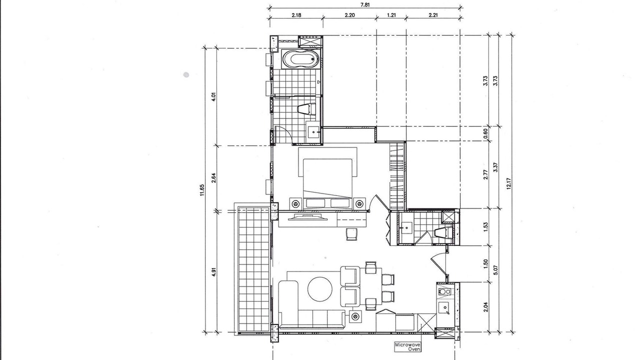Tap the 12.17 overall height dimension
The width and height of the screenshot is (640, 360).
(508, 183)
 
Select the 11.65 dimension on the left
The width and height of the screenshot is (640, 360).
(202, 190)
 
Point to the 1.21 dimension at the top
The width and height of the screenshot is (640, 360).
(391, 15)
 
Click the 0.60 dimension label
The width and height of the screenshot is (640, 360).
(485, 133)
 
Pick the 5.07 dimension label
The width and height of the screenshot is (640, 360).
(495, 270)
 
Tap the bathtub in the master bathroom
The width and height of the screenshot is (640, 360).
(300, 59)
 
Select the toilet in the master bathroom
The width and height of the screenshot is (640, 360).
(306, 109)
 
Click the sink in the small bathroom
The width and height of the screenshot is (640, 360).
(405, 227)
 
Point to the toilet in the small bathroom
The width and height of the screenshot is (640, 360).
(443, 232)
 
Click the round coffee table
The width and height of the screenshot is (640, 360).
(320, 289)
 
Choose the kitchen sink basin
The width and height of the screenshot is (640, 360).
(444, 307)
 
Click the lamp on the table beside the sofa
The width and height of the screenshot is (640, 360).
(355, 316)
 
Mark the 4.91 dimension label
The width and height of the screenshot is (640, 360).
(214, 271)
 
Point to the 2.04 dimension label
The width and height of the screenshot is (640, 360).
(485, 307)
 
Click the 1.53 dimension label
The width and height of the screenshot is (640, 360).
(485, 227)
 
